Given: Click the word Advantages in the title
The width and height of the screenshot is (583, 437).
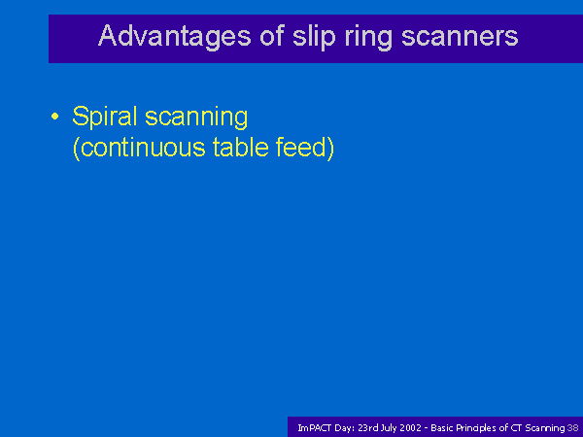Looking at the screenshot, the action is tap(175, 37).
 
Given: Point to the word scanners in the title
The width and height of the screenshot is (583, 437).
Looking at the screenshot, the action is tap(460, 36).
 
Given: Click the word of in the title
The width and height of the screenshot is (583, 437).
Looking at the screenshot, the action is tap(272, 35).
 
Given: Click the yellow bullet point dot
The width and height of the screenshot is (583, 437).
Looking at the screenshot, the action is tap(55, 117).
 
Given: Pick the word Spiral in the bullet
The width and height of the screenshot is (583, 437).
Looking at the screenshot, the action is tap(105, 118).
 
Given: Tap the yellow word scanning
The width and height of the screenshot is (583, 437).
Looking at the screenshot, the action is tap(196, 118).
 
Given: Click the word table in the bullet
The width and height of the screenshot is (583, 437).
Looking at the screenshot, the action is tap(241, 147).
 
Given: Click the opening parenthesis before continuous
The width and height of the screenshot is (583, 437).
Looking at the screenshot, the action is tap(76, 149).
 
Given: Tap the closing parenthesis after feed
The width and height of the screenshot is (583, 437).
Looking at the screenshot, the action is tap(330, 149).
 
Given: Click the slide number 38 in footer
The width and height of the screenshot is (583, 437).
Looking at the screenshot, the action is tap(572, 428).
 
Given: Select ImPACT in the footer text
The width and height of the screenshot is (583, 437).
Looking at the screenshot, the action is tap(314, 428).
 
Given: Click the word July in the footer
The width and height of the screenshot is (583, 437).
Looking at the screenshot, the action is tap(389, 428).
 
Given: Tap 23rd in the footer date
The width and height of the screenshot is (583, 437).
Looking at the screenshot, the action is tap(367, 428).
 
